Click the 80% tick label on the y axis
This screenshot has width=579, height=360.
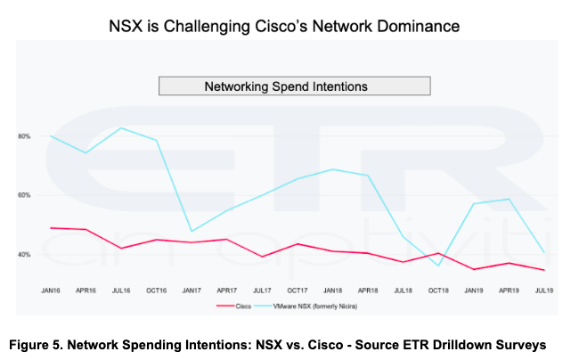tap(24, 136)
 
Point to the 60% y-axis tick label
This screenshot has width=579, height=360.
tap(24, 195)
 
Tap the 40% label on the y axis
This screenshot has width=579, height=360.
tap(24, 255)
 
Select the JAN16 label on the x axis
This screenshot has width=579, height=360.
tap(51, 290)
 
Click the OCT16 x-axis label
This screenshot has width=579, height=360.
tap(157, 290)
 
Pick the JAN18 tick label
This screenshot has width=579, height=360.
tap(331, 290)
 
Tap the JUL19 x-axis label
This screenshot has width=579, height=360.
tap(542, 290)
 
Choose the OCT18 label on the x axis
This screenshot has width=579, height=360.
tap(437, 290)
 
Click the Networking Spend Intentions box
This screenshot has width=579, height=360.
tap(294, 86)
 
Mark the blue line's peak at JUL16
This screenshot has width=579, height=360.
tap(121, 127)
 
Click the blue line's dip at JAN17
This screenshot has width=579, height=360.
tap(192, 231)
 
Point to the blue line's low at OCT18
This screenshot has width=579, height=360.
tap(437, 266)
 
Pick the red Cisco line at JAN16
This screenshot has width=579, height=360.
tap(51, 227)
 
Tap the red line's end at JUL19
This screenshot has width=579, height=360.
tap(542, 269)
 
